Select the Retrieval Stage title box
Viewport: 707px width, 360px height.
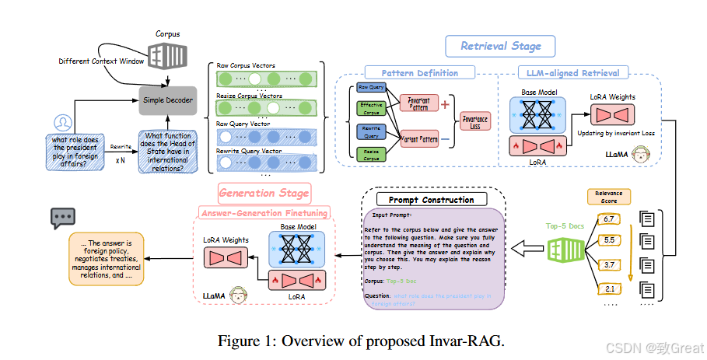tap(500, 46)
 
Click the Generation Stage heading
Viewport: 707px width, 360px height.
tap(263, 192)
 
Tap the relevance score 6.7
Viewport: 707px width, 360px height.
tap(609, 220)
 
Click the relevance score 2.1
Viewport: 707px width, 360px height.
tap(609, 289)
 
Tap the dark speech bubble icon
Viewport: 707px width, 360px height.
tap(63, 218)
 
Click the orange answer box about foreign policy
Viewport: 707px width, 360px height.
tap(106, 257)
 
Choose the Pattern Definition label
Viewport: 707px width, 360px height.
tap(419, 73)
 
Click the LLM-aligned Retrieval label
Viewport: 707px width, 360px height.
tap(572, 73)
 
